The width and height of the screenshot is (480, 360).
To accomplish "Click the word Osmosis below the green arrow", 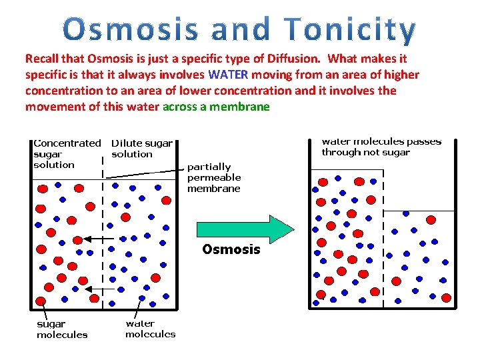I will [231, 249].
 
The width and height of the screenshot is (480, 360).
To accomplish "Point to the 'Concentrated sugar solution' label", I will [66, 153].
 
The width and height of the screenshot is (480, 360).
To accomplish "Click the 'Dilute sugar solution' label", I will [141, 149].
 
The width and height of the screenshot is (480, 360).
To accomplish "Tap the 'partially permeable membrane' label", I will [214, 177].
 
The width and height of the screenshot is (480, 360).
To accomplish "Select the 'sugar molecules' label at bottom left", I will [61, 329].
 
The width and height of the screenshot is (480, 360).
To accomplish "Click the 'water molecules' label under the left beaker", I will [150, 328].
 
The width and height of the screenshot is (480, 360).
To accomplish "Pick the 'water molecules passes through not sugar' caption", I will [381, 147].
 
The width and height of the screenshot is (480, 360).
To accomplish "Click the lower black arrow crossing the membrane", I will [97, 289].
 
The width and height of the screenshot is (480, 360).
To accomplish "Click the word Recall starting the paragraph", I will [41, 59].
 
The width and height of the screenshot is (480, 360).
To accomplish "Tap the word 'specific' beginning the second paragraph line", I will [46, 75].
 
